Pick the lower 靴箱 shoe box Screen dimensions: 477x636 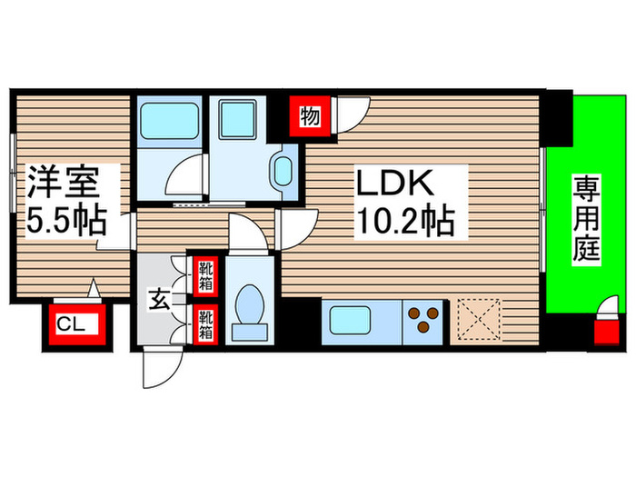[205, 323]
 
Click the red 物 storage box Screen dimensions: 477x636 [309, 116]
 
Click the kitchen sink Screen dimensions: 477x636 [346, 322]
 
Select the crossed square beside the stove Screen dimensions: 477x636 [478, 320]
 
